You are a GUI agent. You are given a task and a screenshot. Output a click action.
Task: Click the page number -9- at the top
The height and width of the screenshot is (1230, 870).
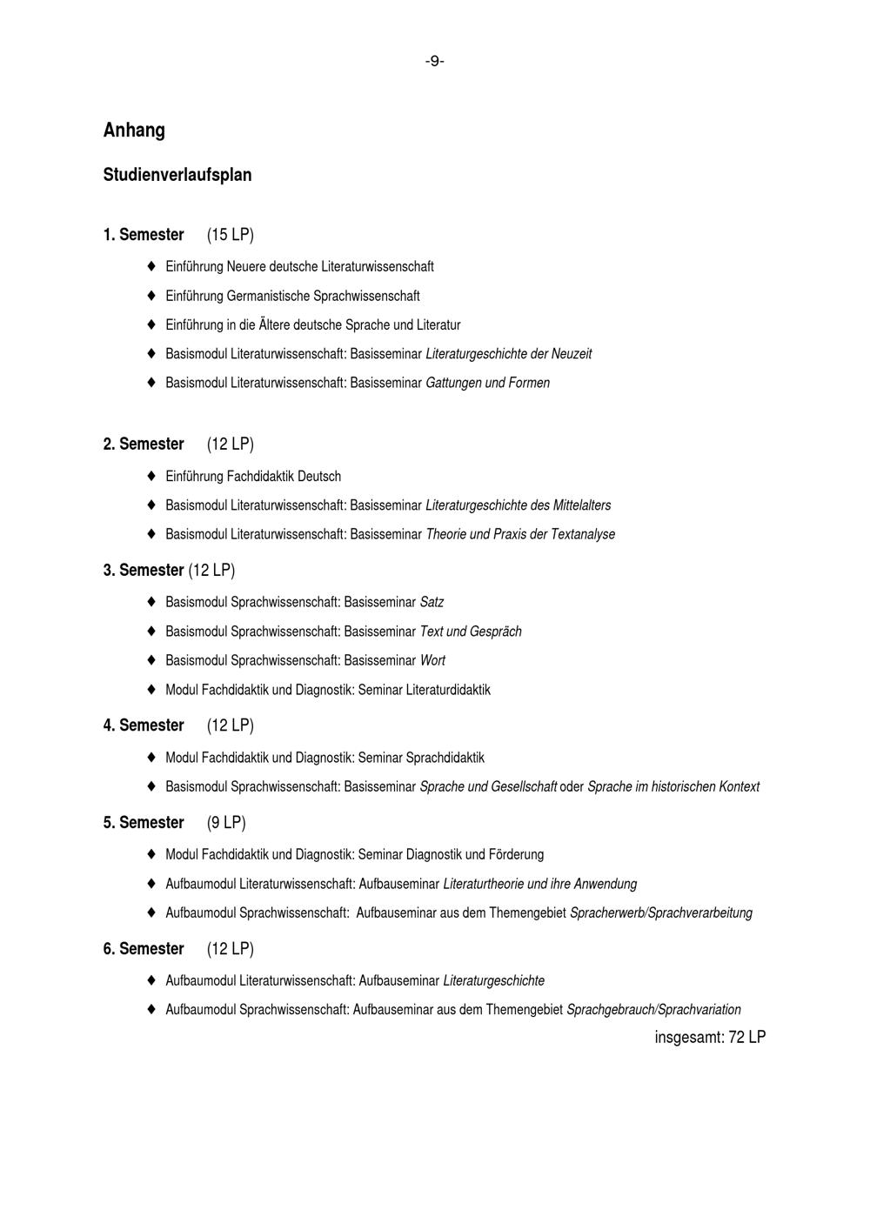point(434,61)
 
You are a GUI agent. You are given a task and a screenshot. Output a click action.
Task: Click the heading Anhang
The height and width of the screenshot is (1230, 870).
point(134,130)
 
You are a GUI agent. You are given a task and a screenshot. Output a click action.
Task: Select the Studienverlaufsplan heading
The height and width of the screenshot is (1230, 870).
point(177,175)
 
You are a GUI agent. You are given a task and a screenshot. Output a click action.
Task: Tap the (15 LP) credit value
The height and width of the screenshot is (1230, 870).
point(231,235)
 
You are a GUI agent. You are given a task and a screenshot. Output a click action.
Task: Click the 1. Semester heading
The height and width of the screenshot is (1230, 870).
point(144,235)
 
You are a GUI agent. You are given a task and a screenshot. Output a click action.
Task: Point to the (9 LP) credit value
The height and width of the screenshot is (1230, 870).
point(226,823)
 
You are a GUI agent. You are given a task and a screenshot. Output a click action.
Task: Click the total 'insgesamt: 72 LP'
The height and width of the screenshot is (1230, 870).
point(710,1037)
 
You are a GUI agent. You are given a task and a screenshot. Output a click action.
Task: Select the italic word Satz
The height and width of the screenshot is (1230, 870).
point(432,602)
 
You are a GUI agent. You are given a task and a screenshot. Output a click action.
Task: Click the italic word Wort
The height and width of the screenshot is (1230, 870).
point(432,660)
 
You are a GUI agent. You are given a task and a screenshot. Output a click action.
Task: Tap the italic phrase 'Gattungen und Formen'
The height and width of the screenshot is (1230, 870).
point(487,383)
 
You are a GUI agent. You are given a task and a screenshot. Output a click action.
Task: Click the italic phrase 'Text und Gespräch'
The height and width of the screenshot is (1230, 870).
point(471,632)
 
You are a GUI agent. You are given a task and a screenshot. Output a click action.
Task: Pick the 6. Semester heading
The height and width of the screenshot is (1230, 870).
point(144,949)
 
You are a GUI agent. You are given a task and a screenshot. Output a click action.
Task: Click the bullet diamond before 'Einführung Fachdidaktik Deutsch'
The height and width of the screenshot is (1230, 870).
point(151,476)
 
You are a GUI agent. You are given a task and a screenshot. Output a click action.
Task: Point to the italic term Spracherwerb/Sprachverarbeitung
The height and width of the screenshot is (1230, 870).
point(661,913)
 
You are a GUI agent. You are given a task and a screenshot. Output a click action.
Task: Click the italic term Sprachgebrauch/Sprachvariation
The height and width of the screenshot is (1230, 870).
point(653,1010)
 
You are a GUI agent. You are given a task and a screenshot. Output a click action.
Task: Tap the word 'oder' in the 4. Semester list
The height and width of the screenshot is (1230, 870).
point(572,787)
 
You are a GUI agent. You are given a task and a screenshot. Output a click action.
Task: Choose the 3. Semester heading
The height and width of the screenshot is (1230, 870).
point(144,571)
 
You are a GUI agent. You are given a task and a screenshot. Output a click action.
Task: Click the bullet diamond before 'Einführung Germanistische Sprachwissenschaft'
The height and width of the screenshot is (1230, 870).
point(151,296)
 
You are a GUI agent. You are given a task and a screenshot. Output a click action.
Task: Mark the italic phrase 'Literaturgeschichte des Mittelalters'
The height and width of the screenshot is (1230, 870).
point(518,505)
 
